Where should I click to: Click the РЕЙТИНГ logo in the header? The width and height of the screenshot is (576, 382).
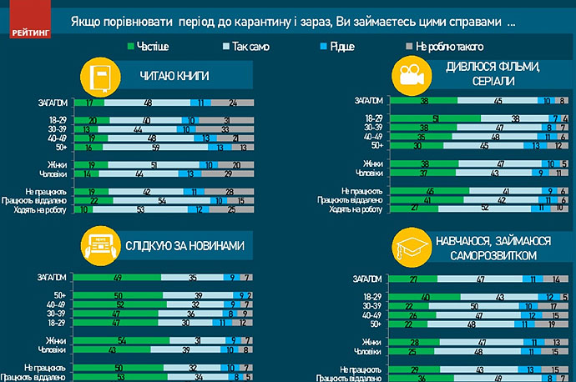(x=30, y=31)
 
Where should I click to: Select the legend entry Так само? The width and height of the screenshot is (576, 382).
(x=250, y=48)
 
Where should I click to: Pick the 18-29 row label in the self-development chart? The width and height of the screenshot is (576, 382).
(x=371, y=296)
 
